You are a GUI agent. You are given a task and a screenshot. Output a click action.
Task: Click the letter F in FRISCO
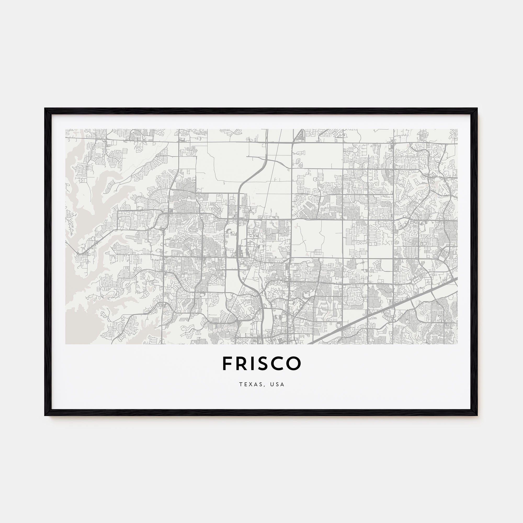coord(227,363)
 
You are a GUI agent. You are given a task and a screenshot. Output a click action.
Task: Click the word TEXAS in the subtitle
coord(250,384)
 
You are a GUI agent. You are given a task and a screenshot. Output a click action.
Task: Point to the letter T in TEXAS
coord(240,384)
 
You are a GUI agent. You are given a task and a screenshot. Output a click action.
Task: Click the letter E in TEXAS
coord(245,384)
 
